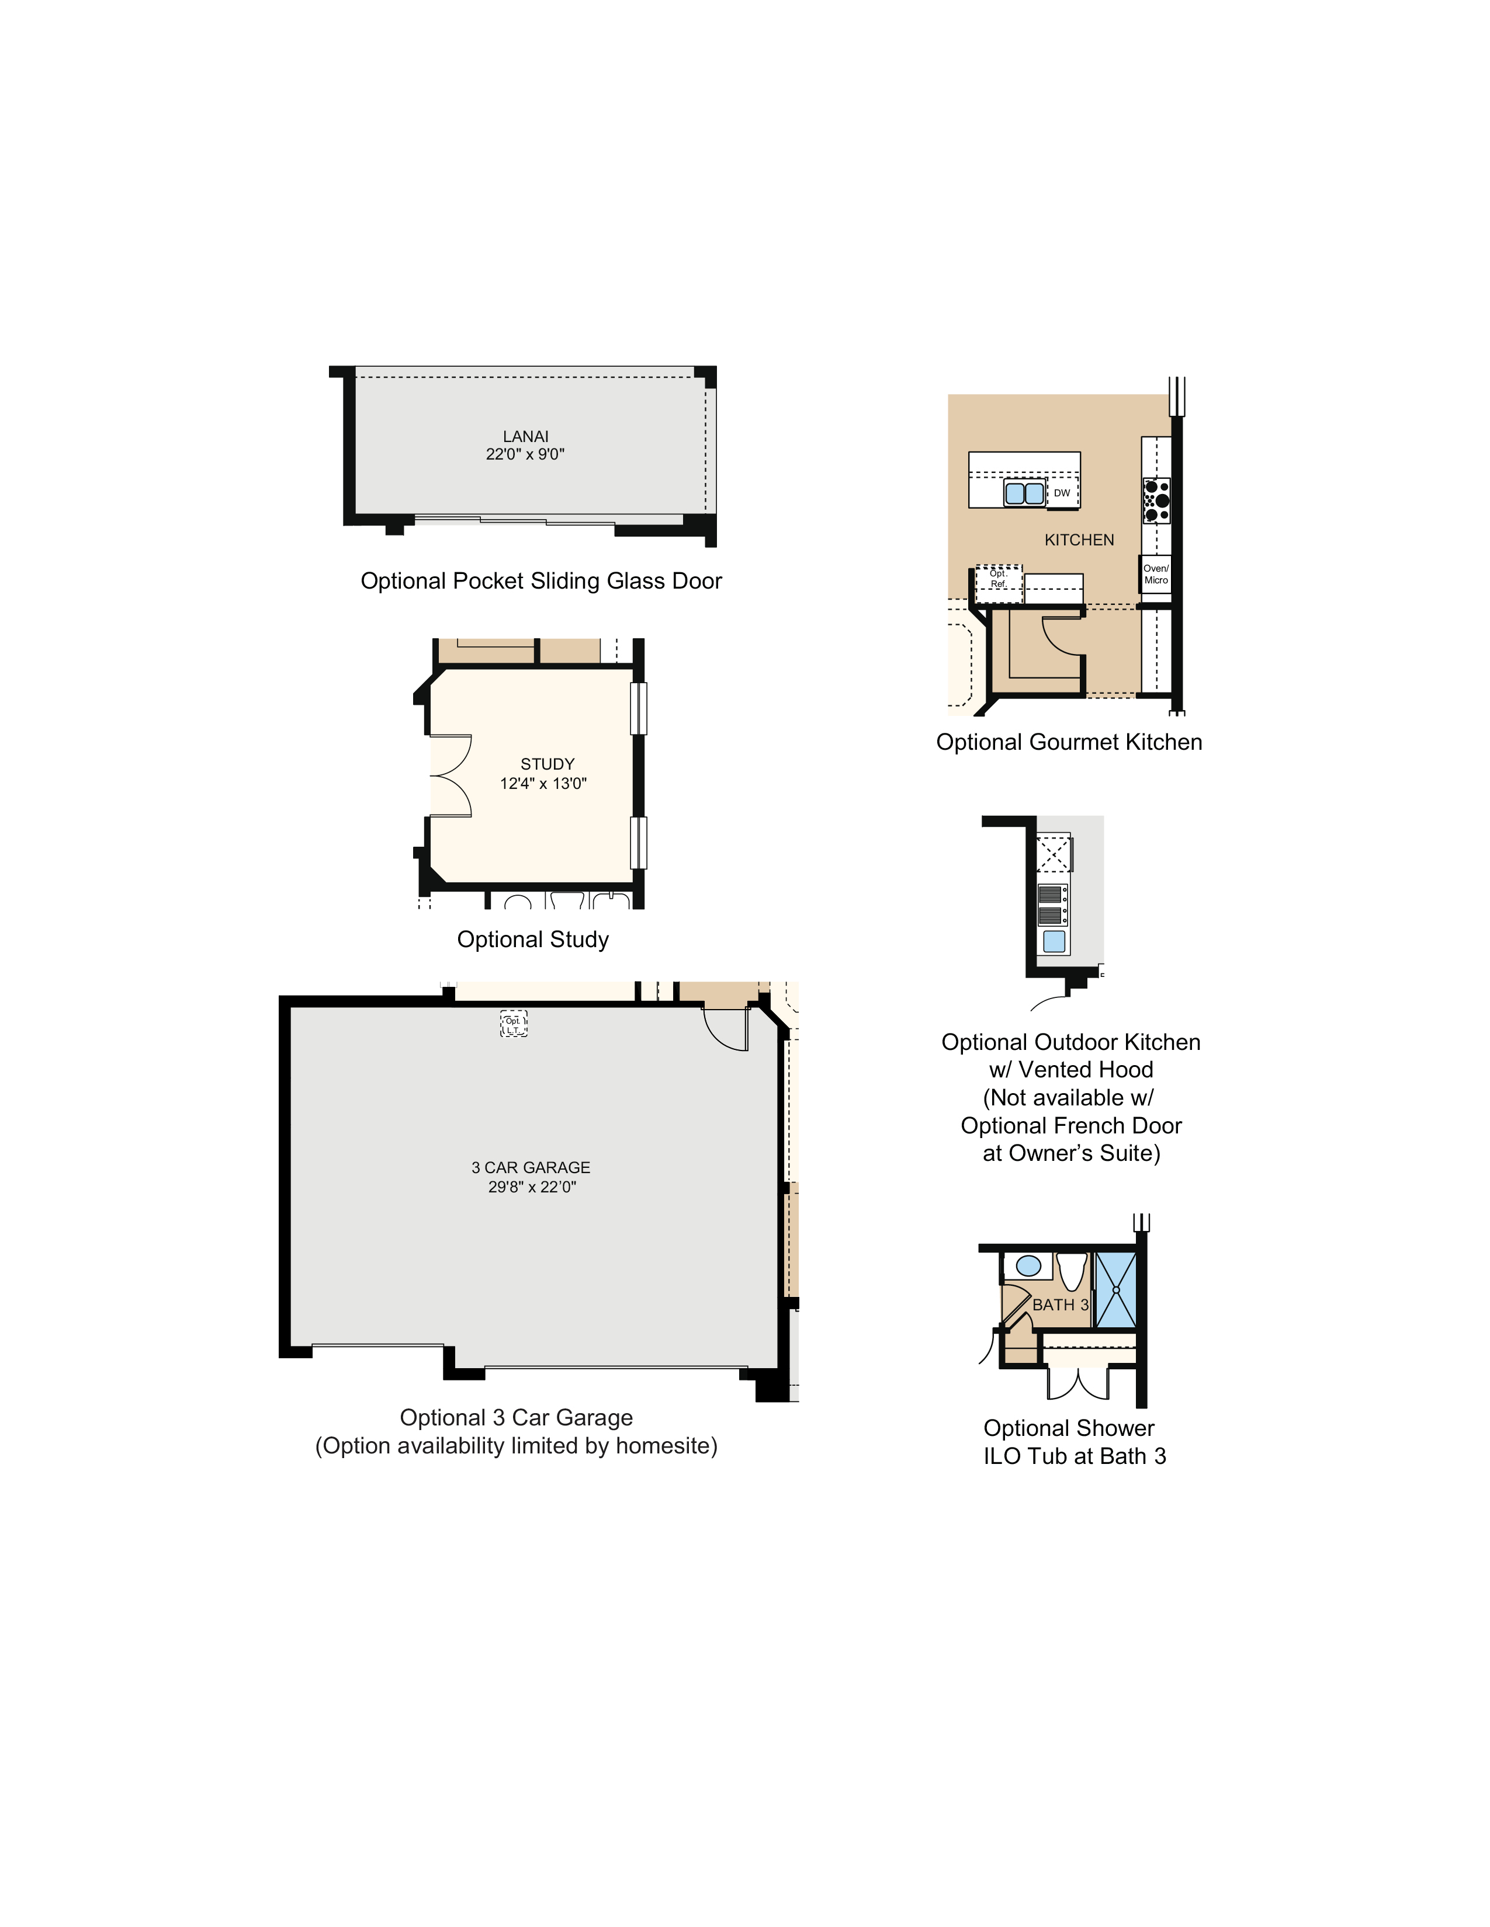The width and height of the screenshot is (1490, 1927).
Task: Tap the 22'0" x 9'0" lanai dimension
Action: (525, 454)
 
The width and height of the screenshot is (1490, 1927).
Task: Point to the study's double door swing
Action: (450, 775)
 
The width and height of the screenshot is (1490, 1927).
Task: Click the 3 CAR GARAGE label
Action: (531, 1167)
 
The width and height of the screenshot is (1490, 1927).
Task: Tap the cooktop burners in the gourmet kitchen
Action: (1156, 500)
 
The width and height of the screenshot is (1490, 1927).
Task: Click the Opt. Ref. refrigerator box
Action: (999, 580)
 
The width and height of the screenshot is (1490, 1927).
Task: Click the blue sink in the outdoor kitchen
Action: (1054, 941)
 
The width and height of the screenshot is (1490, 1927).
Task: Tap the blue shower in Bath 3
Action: (1115, 1289)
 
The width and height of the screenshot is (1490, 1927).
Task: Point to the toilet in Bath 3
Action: (1072, 1271)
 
